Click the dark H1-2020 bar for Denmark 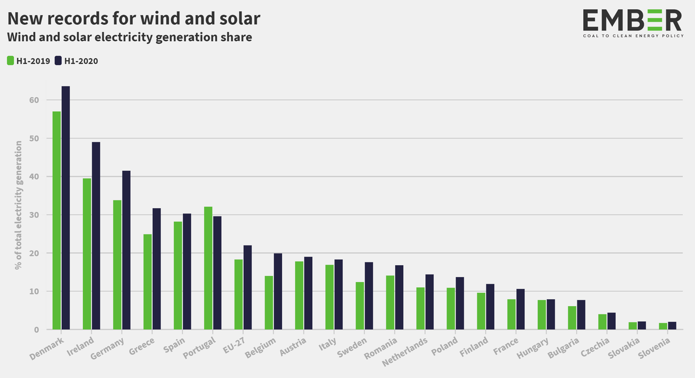click(x=65, y=208)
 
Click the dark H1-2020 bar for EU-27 click(x=247, y=287)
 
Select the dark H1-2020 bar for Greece click(x=156, y=269)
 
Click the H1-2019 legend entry click(x=29, y=61)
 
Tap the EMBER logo click(x=632, y=24)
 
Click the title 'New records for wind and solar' click(x=134, y=19)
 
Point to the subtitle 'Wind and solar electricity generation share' click(x=129, y=38)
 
